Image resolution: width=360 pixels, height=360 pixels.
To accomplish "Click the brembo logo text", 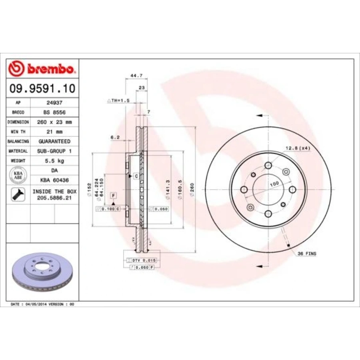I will [50, 69].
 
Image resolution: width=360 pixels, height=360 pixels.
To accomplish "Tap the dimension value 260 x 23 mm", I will [54, 122].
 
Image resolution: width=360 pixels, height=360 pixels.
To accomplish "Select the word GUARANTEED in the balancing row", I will [54, 141].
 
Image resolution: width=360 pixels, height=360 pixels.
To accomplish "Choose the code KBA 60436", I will [54, 180].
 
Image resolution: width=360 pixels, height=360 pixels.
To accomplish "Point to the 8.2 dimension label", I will [115, 137].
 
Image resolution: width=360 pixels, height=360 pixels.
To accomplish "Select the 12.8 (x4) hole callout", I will [298, 148].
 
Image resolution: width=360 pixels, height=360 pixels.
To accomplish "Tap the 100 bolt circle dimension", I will [274, 184].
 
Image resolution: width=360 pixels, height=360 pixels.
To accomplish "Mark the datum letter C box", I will [136, 176].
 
